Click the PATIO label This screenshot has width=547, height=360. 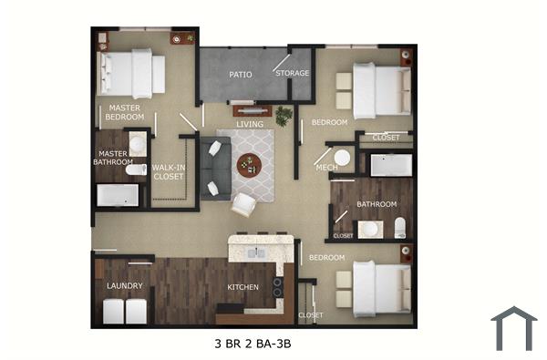click(240, 74)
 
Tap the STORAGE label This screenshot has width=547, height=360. click(292, 73)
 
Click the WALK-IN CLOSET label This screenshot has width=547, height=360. click(169, 172)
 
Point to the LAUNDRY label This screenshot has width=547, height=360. click(124, 285)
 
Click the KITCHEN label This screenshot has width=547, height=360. click(243, 287)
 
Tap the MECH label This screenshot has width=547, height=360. click(326, 168)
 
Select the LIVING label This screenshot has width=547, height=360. click(249, 124)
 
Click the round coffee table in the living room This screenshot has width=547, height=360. click(249, 165)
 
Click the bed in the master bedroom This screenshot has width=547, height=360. click(132, 73)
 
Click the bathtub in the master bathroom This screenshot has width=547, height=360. click(118, 195)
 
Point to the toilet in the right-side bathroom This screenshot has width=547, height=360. click(399, 227)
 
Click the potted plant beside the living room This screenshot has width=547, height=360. click(284, 117)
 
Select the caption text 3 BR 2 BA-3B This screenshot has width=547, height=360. click(252, 344)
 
